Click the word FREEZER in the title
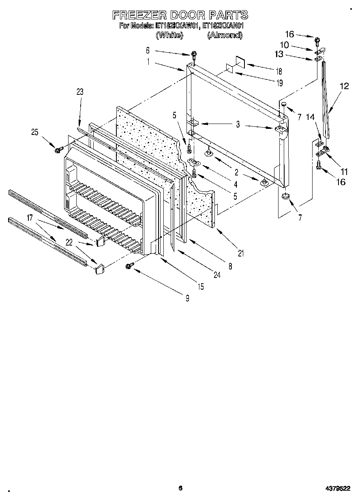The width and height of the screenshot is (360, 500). coord(139,15)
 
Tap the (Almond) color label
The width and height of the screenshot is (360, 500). coord(225,36)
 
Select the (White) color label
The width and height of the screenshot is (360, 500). coord(170,36)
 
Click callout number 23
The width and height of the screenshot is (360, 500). coord(79,92)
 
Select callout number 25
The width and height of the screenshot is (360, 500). coord(35,132)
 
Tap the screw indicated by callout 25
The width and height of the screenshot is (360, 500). coord(58,150)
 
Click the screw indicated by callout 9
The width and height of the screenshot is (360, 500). coord(129,266)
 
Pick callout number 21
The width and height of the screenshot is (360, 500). coord(241,254)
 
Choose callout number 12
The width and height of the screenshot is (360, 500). coord(344,86)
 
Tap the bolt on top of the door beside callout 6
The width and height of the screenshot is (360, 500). coord(195,54)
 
